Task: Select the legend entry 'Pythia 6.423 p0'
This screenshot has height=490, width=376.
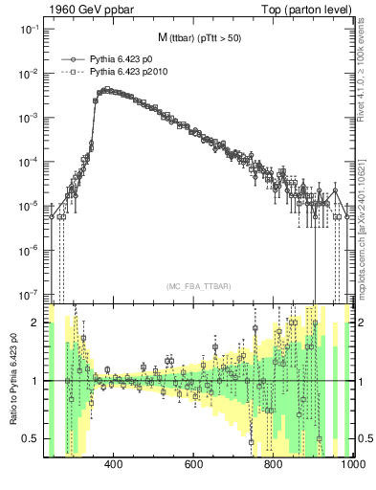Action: (122, 58)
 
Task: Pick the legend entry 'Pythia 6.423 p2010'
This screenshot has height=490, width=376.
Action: (129, 71)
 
